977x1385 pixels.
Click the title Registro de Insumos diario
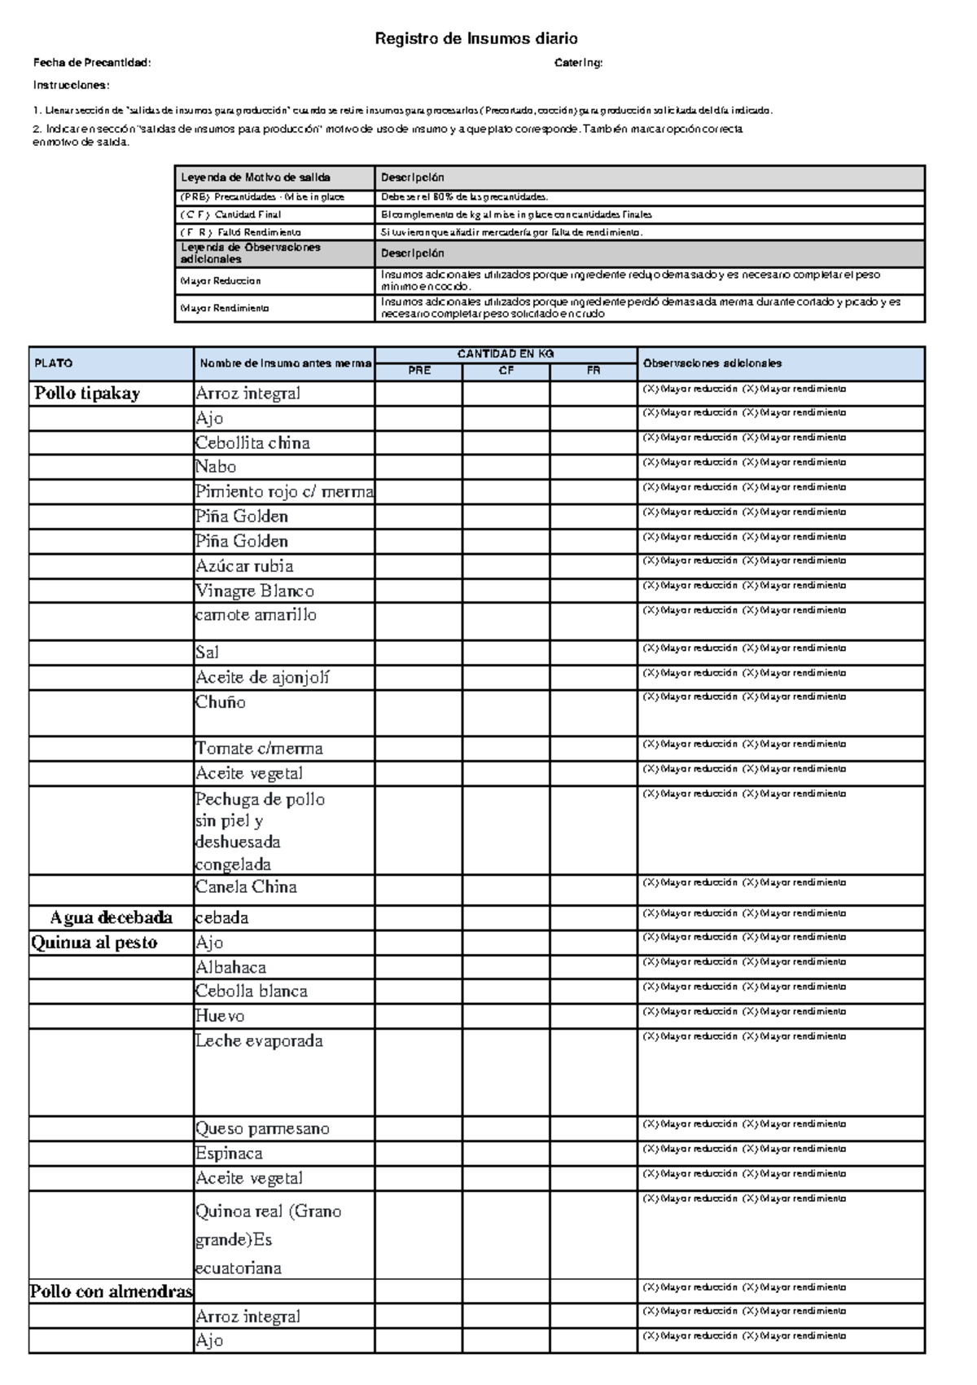point(475,38)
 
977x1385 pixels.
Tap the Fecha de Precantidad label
point(92,63)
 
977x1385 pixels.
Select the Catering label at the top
point(578,63)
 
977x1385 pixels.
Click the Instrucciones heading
point(71,85)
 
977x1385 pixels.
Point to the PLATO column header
point(53,363)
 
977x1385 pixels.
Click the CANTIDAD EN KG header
point(506,354)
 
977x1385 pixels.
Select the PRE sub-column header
point(419,371)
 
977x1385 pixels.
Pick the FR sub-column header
point(594,371)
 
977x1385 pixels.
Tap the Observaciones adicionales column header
point(712,363)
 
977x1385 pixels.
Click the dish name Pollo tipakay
point(87,394)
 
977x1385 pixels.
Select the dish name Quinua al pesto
point(94,943)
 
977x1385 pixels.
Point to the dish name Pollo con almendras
point(112,1291)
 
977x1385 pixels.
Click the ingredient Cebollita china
point(252,443)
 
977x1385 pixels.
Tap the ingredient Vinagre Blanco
point(255,591)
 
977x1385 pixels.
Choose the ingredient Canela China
point(246,886)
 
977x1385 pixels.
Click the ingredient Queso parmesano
point(262,1128)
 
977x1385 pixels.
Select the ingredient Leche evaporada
point(259,1040)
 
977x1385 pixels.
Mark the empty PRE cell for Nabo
point(418,467)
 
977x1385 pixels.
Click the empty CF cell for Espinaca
point(506,1154)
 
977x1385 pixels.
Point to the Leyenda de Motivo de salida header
point(256,177)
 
